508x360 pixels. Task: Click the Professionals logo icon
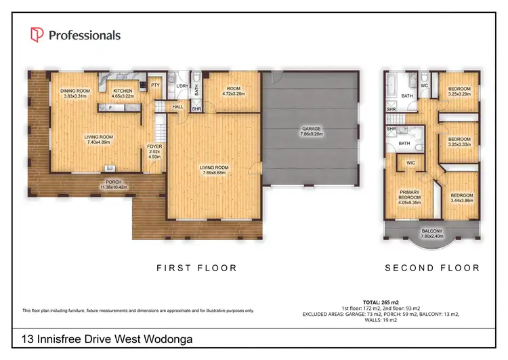[x=37, y=35]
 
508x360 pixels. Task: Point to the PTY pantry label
[x=155, y=85]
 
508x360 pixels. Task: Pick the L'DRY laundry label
[x=182, y=85]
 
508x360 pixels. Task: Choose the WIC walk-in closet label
[x=410, y=163]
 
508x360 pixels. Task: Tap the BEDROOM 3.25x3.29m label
[x=464, y=92]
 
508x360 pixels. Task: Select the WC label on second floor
[x=425, y=85]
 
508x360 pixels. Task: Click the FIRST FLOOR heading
[x=196, y=268]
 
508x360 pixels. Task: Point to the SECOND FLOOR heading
[x=432, y=268]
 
